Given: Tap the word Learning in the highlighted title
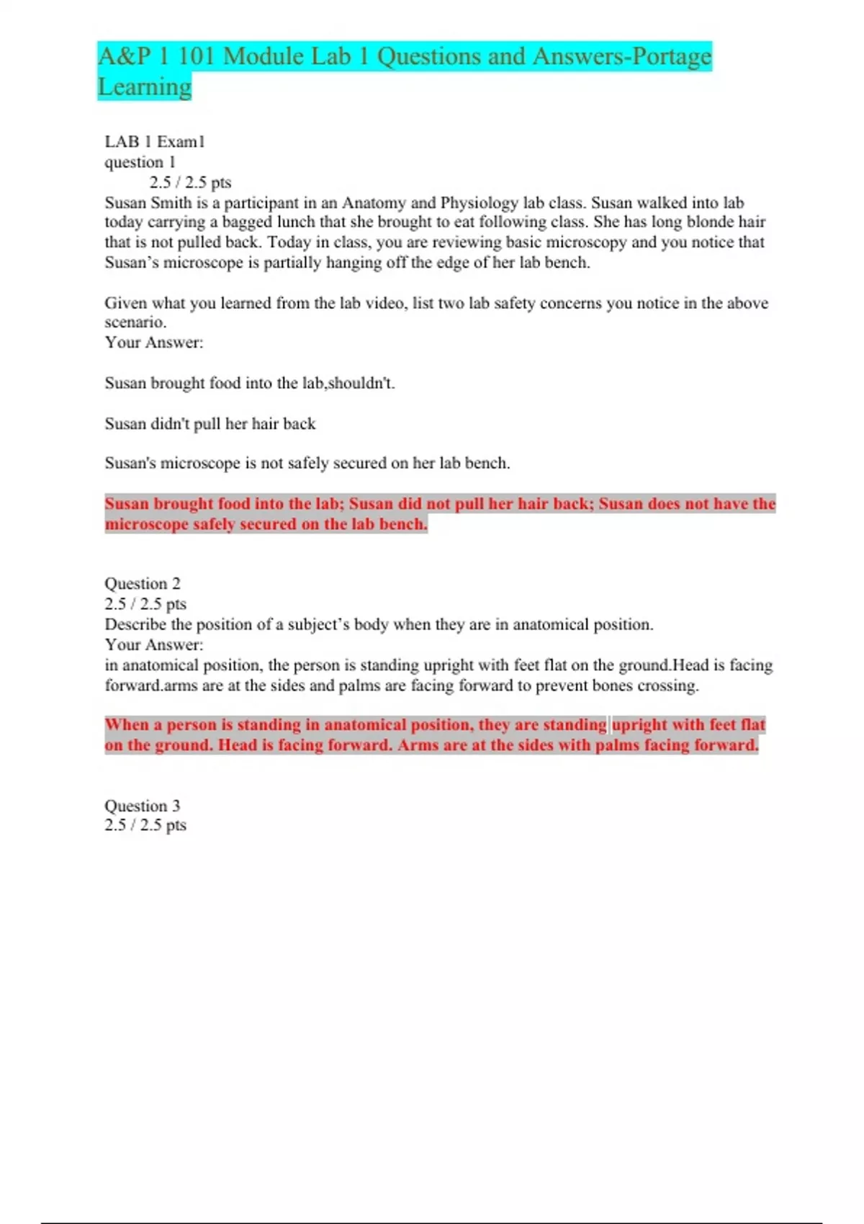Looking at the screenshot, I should point(145,87).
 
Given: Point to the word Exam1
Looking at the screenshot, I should point(181,142).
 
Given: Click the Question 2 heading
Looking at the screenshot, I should point(143,583).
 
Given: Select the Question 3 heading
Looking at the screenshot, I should point(143,806).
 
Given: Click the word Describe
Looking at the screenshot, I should point(135,624).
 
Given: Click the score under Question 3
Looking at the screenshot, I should point(145,825).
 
